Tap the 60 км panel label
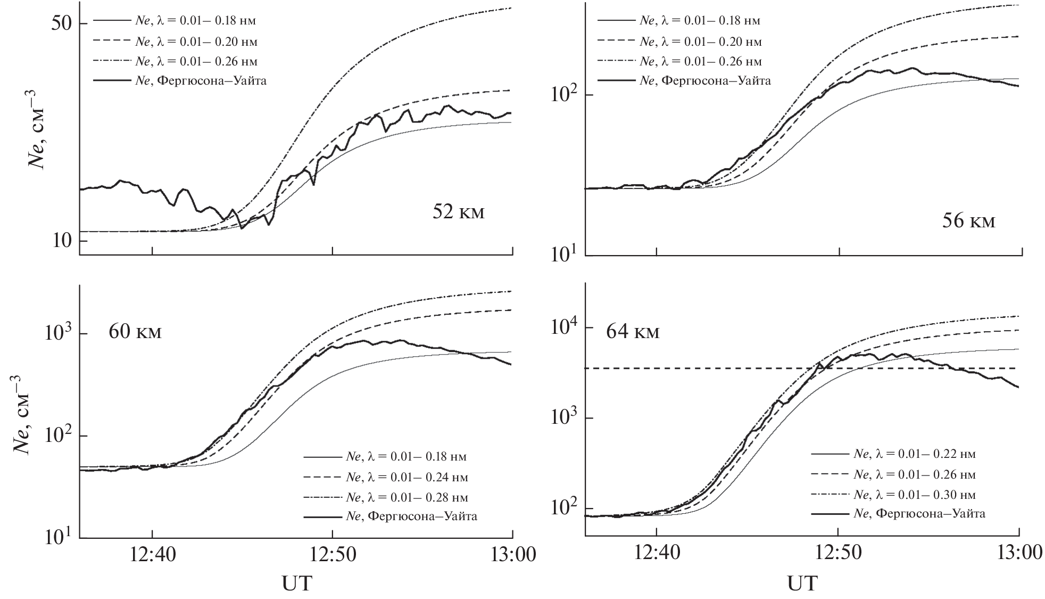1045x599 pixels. click(x=135, y=332)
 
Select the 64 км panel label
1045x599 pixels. click(x=632, y=332)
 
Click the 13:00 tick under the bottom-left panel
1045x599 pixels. click(x=512, y=554)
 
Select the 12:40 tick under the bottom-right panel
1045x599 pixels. click(x=657, y=554)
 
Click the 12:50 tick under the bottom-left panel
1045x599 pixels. click(x=332, y=554)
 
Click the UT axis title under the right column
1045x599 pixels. click(x=802, y=584)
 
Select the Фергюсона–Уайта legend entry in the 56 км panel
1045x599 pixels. click(x=705, y=81)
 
